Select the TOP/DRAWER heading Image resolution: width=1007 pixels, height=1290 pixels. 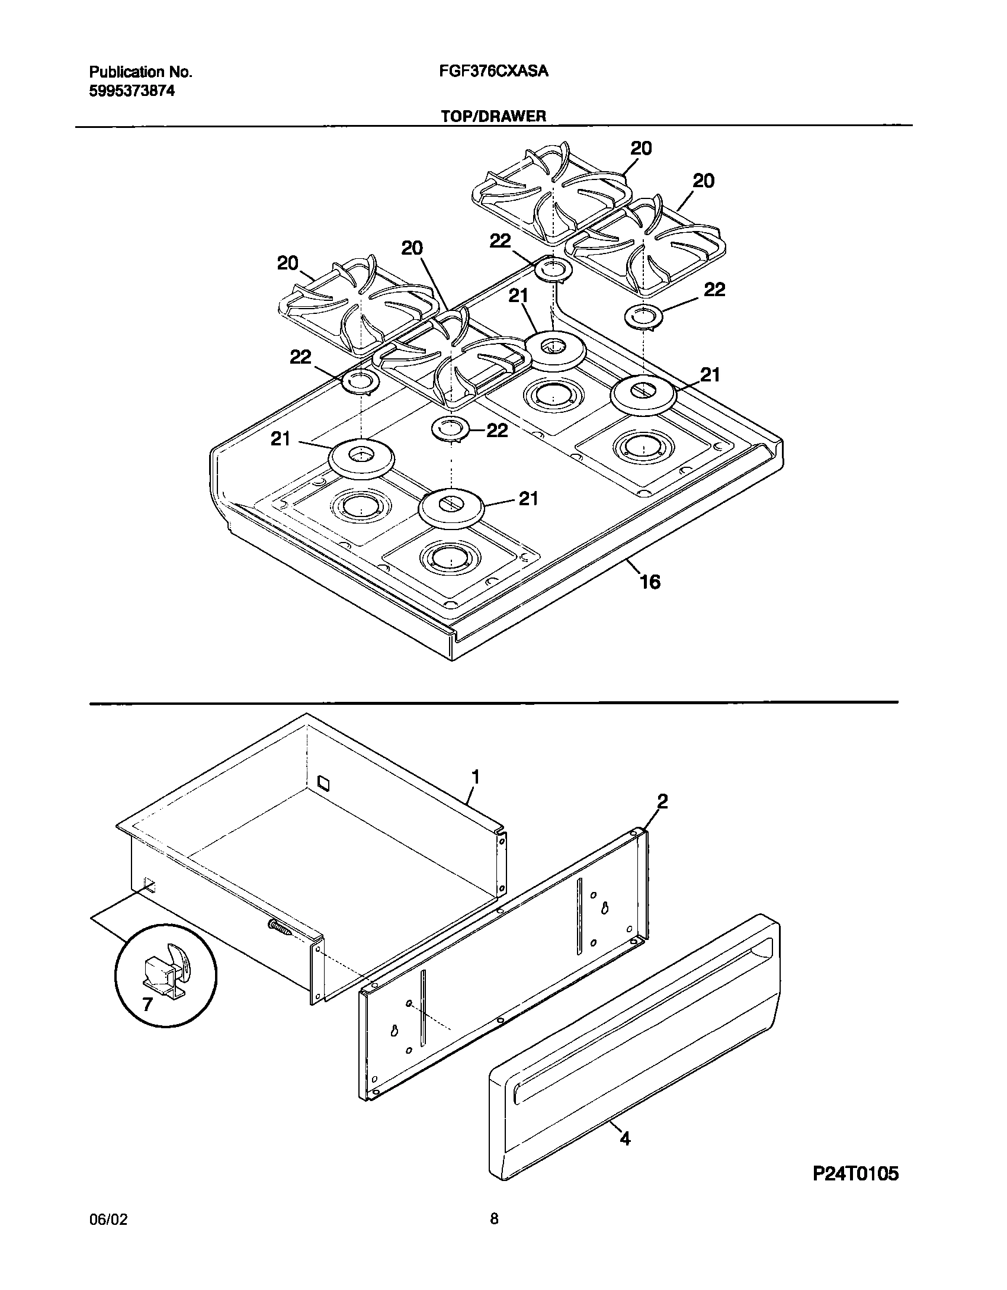pos(493,116)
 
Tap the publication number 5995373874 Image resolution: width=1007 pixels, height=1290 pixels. pos(132,91)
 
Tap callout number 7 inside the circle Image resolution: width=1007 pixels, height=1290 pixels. pos(147,1003)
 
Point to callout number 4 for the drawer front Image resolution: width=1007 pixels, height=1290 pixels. pos(625,1138)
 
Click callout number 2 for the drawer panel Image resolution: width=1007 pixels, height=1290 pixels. pos(662,801)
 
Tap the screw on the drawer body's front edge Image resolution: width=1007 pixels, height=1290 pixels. pos(280,928)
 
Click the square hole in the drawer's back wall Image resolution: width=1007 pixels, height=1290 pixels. pos(323,783)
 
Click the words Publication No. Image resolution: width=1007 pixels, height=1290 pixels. pos(140,72)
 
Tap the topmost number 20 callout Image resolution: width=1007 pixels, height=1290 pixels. pos(641,148)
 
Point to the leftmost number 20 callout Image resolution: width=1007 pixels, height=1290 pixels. pos(288,263)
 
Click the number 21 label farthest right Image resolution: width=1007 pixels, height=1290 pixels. pos(710,374)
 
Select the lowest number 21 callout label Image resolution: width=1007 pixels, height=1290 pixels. pos(528,499)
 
